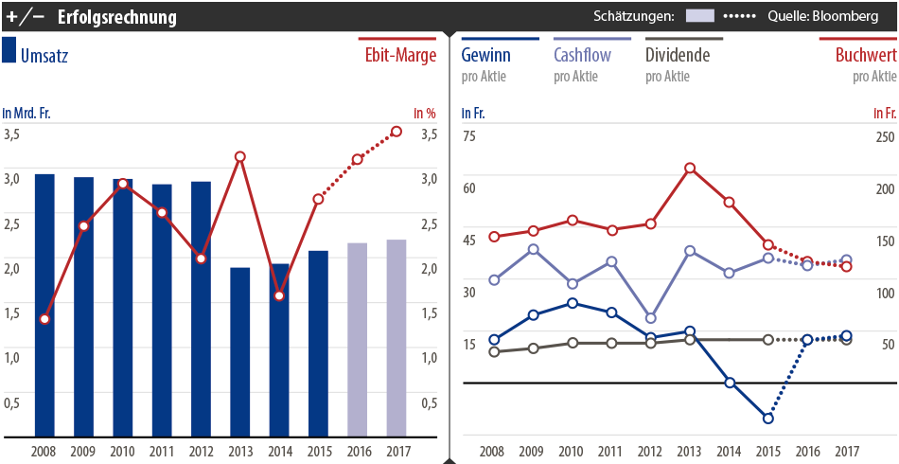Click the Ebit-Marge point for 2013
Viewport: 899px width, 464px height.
pyautogui.click(x=240, y=156)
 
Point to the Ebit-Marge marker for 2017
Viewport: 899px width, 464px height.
pyautogui.click(x=397, y=131)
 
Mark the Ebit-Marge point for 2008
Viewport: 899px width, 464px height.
pyautogui.click(x=44, y=319)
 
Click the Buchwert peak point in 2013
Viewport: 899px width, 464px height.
pyautogui.click(x=690, y=169)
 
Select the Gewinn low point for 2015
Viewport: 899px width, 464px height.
pyautogui.click(x=768, y=418)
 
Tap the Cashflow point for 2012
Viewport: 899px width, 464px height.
pyautogui.click(x=650, y=318)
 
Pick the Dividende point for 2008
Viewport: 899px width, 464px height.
pyautogui.click(x=494, y=352)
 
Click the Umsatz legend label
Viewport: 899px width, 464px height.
pyautogui.click(x=44, y=55)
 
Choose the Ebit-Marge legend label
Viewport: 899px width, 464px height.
pyautogui.click(x=400, y=55)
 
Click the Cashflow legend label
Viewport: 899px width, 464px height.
pyautogui.click(x=582, y=55)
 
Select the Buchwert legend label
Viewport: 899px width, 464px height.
pyautogui.click(x=865, y=55)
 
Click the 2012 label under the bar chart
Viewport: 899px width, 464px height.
pyautogui.click(x=201, y=451)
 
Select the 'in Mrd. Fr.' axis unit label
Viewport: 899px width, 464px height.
pyautogui.click(x=26, y=114)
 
